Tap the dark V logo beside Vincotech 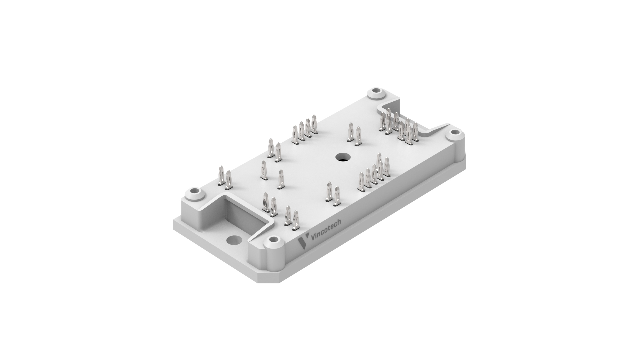303,243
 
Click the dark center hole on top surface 341,157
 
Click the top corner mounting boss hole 376,91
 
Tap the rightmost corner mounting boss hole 454,133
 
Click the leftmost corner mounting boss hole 194,192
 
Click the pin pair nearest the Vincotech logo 291,218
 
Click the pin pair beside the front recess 269,205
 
